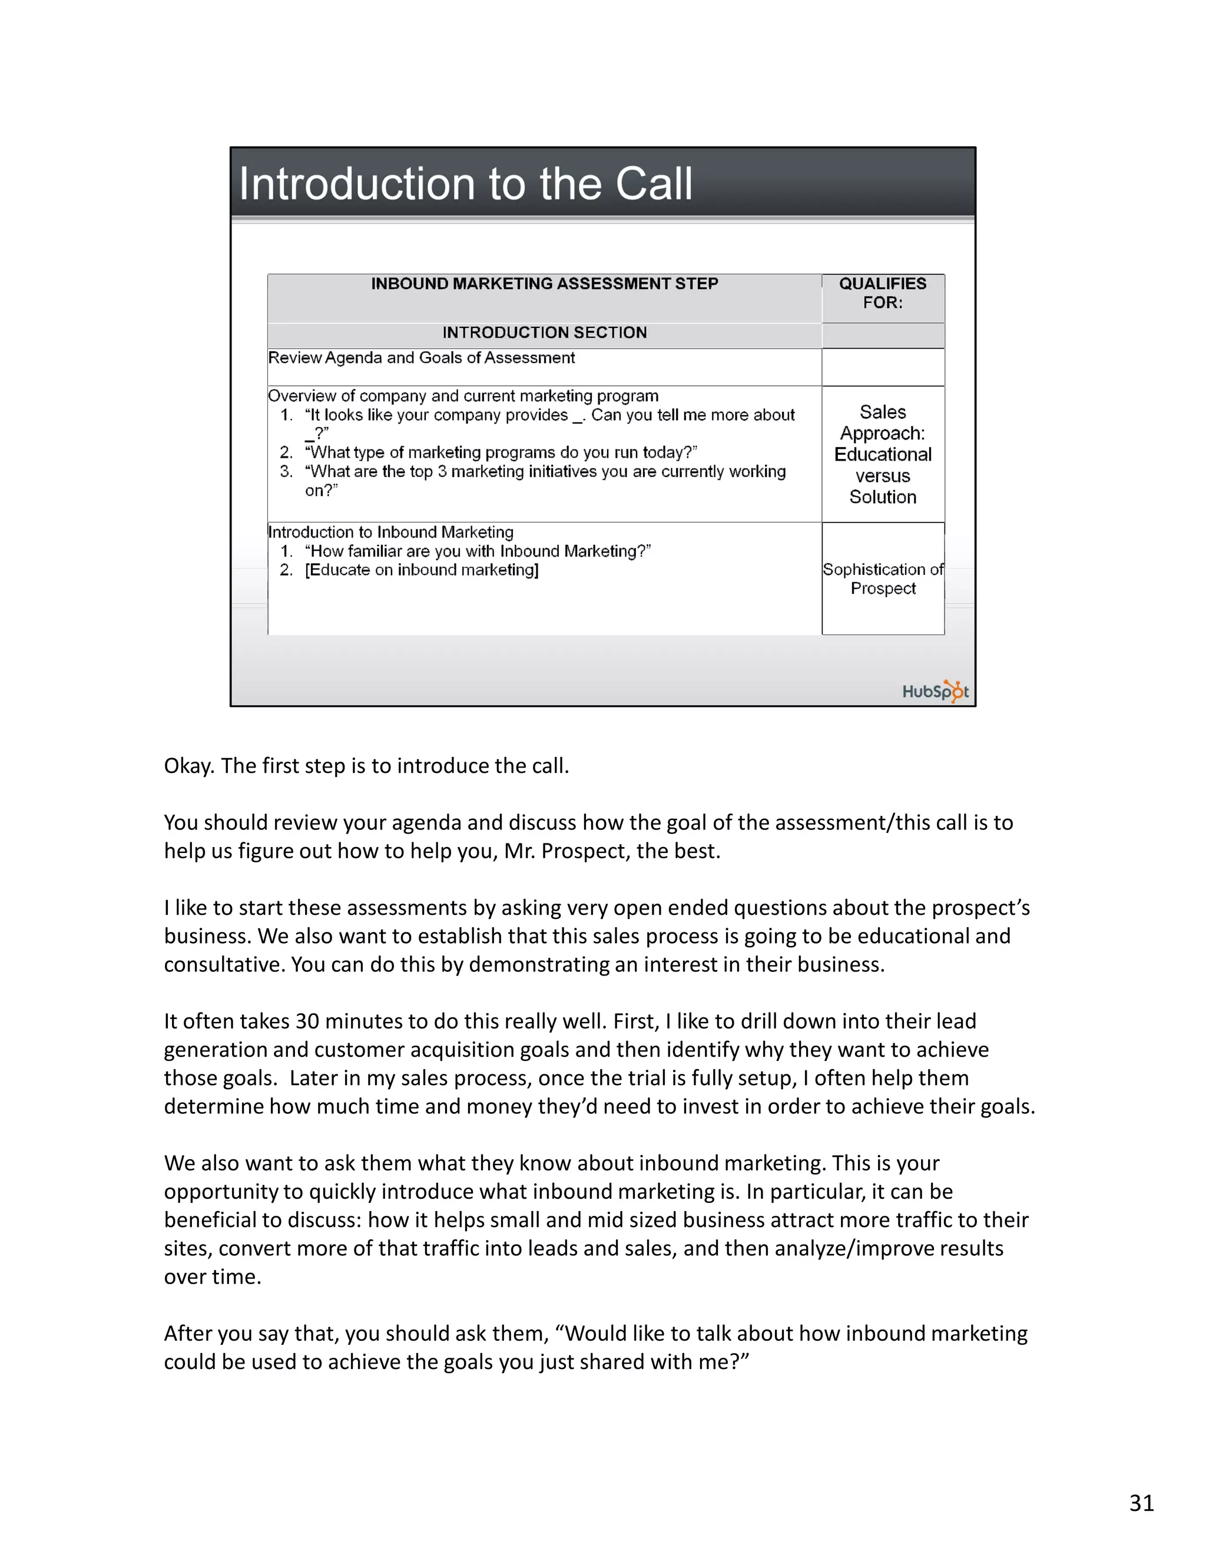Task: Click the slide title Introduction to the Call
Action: tap(465, 184)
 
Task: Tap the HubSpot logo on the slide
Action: tap(935, 690)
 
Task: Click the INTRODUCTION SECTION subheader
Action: tap(545, 332)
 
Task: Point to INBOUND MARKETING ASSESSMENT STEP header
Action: tap(545, 284)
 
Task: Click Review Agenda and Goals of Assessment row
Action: tap(422, 358)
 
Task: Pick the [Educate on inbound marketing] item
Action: tap(422, 570)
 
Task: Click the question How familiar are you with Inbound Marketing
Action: tap(477, 551)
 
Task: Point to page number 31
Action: tap(1141, 1503)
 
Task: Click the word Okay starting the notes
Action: tap(187, 766)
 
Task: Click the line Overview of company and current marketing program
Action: tap(463, 396)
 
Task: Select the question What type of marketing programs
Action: tap(500, 452)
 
